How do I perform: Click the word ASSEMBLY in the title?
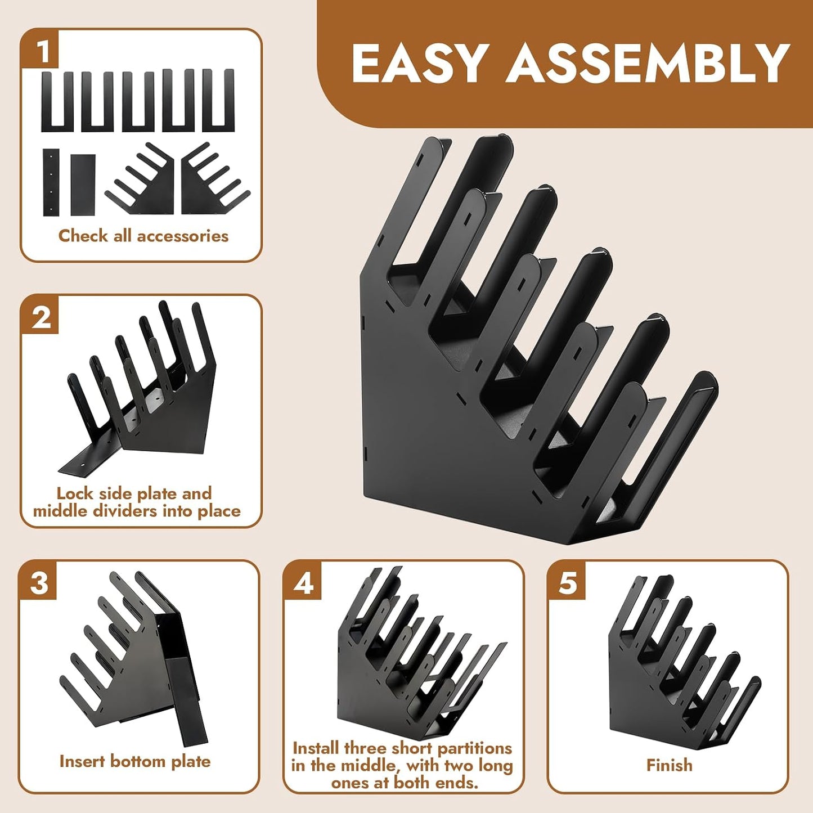pyautogui.click(x=648, y=64)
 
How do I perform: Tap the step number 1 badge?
pyautogui.click(x=39, y=51)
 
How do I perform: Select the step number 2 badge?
pyautogui.click(x=39, y=317)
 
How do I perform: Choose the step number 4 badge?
pyautogui.click(x=303, y=583)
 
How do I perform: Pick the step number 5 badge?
pyautogui.click(x=567, y=583)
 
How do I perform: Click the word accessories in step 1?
pyautogui.click(x=182, y=236)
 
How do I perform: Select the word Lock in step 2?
pyautogui.click(x=73, y=493)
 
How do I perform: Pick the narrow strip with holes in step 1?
pyautogui.click(x=51, y=182)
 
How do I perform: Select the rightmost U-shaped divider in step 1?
pyautogui.click(x=218, y=100)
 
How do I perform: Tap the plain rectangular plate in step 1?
pyautogui.click(x=83, y=185)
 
